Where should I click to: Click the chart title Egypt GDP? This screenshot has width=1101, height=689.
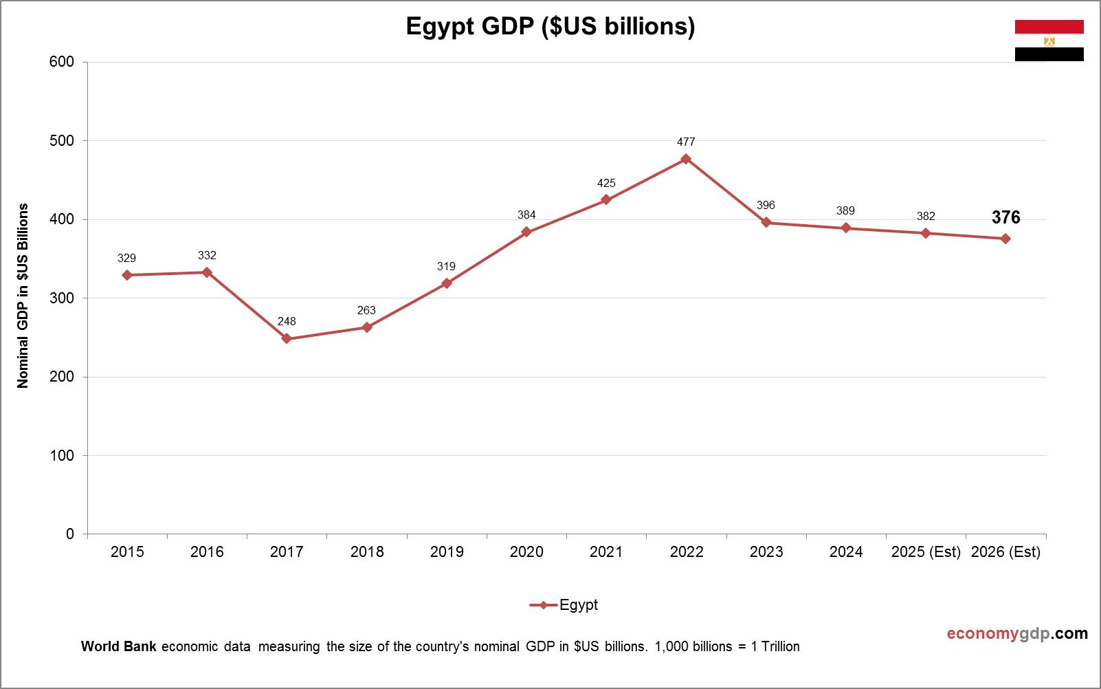click(x=550, y=26)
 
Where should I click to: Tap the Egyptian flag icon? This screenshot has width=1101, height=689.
click(x=1049, y=41)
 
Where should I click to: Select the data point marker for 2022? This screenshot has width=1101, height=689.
click(x=686, y=159)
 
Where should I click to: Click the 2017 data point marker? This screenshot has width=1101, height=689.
click(x=287, y=339)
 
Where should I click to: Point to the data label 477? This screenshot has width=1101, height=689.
click(x=686, y=142)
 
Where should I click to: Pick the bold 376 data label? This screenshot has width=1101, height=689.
click(x=1005, y=218)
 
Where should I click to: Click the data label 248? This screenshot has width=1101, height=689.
click(x=287, y=321)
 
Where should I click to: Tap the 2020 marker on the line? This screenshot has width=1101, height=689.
click(x=526, y=232)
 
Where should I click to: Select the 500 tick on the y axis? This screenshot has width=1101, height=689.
click(x=62, y=141)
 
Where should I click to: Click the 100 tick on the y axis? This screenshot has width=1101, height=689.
click(x=62, y=456)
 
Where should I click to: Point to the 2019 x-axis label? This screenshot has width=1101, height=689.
click(x=447, y=551)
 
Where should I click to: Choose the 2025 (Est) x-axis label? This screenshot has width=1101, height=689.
click(x=926, y=551)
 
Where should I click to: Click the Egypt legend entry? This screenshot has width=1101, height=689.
click(x=564, y=605)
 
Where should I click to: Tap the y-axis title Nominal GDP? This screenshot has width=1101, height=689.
click(x=23, y=296)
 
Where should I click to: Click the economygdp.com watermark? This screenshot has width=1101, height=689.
click(x=1017, y=633)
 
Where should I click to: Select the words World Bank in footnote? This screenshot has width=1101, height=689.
click(x=118, y=646)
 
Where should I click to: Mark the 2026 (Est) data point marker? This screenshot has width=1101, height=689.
click(x=1005, y=239)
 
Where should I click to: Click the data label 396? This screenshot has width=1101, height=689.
click(x=766, y=205)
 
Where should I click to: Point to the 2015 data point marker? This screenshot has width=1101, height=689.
click(x=127, y=275)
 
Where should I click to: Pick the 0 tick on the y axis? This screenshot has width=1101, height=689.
click(x=70, y=534)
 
